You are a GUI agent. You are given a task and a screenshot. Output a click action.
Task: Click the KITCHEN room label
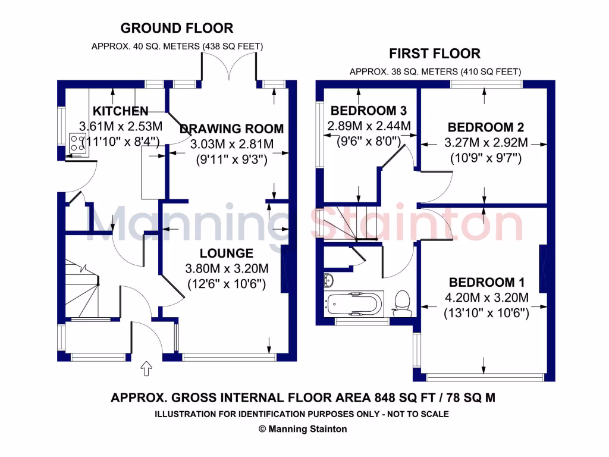120,111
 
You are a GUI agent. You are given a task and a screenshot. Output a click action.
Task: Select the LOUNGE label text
226,253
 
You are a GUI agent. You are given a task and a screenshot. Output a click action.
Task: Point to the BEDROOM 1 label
486,282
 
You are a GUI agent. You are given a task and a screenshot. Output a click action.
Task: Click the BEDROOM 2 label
485,127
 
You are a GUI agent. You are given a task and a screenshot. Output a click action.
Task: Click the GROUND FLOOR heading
177,28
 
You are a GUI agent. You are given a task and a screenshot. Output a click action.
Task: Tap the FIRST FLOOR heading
434,54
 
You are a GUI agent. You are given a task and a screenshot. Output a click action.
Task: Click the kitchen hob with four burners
78,143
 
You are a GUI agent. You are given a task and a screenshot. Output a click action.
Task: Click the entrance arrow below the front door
145,370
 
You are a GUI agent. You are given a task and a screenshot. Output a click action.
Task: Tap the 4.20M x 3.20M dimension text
486,298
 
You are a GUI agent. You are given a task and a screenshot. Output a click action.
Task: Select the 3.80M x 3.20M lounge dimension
226,269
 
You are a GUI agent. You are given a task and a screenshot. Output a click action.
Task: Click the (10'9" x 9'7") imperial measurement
485,158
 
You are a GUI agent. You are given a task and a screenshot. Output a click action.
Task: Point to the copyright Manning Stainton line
302,429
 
